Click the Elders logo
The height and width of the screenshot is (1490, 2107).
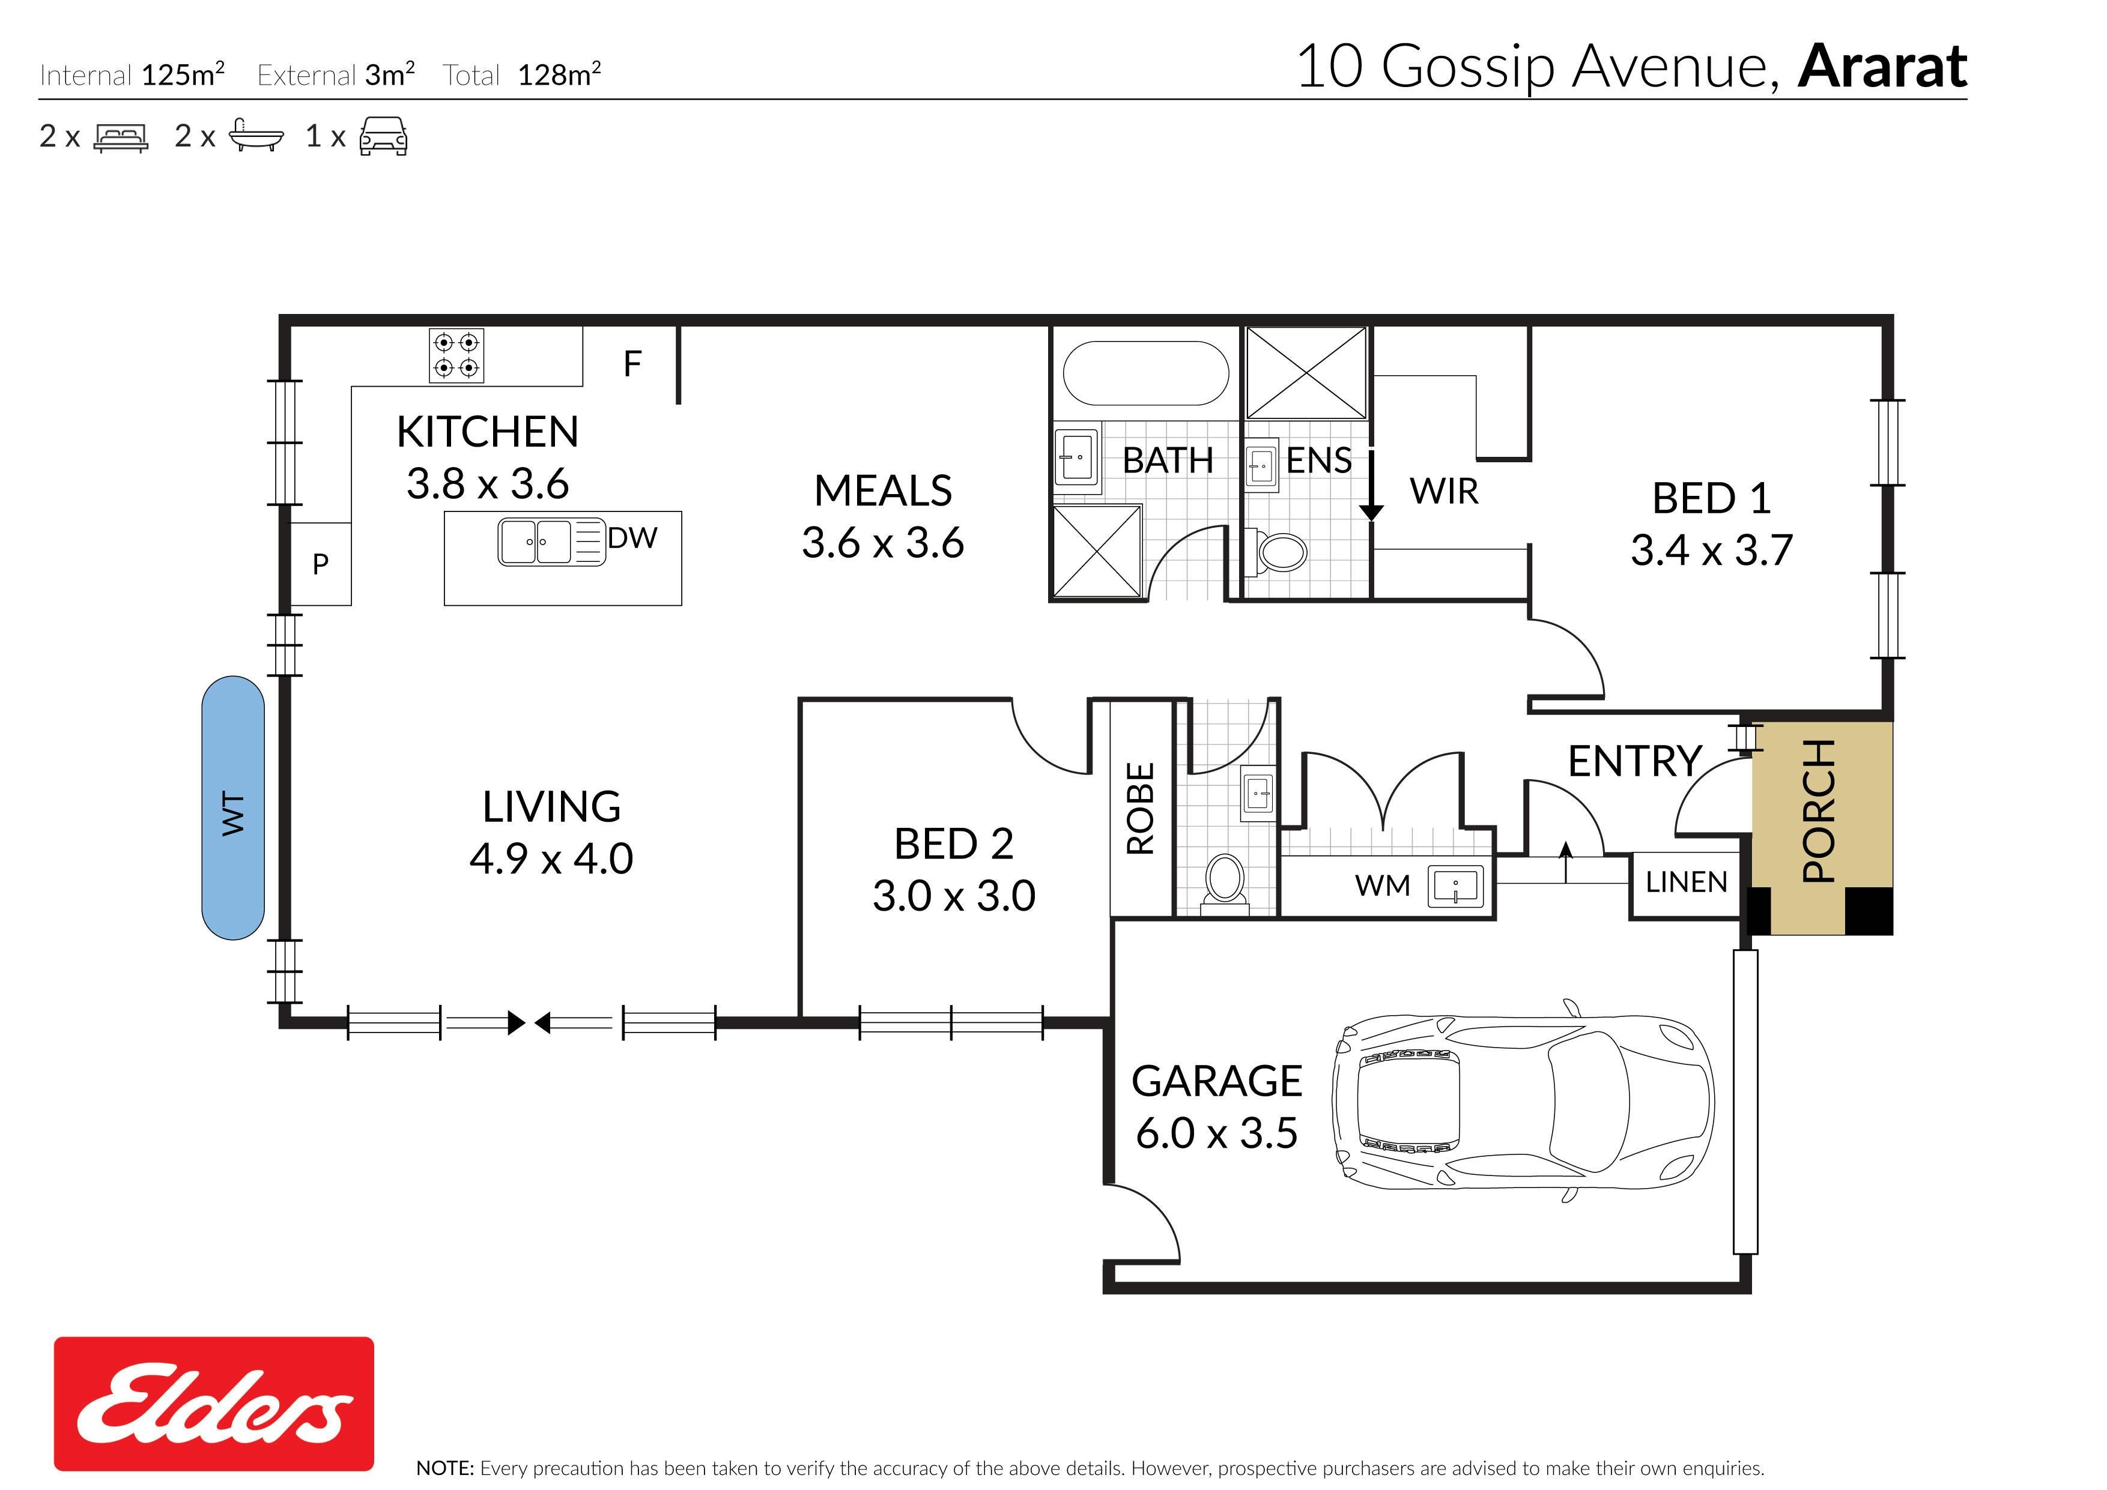coord(214,1404)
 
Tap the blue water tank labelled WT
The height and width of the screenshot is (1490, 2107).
coord(233,808)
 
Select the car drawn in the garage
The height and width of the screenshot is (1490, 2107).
coord(1523,1100)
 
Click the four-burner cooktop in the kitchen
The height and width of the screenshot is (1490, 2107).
coord(456,355)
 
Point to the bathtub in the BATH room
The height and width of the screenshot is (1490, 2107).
coord(1145,372)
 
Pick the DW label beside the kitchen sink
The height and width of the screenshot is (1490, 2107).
coord(632,538)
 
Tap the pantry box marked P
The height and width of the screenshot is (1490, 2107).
coord(320,563)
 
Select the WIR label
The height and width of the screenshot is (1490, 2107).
coord(1445,492)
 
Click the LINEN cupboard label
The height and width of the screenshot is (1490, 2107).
coord(1687,882)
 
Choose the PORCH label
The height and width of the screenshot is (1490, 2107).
coord(1819,811)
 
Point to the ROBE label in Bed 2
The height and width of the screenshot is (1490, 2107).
coord(1140,808)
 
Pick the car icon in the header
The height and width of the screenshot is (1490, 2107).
coord(384,136)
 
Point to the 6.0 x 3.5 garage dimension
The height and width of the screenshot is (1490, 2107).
coord(1217,1133)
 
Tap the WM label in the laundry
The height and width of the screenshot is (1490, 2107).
coord(1382,886)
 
